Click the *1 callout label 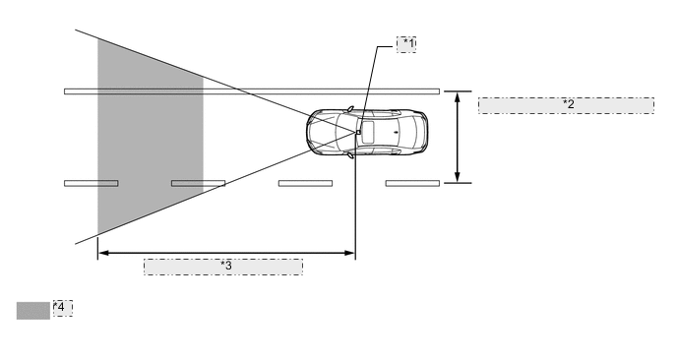pyautogui.click(x=406, y=44)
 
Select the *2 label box pyautogui.click(x=566, y=106)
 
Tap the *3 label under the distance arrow pyautogui.click(x=223, y=267)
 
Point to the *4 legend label pyautogui.click(x=63, y=308)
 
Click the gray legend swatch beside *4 pyautogui.click(x=33, y=311)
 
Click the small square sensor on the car pyautogui.click(x=358, y=132)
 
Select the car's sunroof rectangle pyautogui.click(x=368, y=133)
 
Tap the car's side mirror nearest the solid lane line pyautogui.click(x=350, y=109)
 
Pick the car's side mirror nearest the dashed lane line pyautogui.click(x=350, y=155)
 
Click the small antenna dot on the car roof pyautogui.click(x=396, y=132)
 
